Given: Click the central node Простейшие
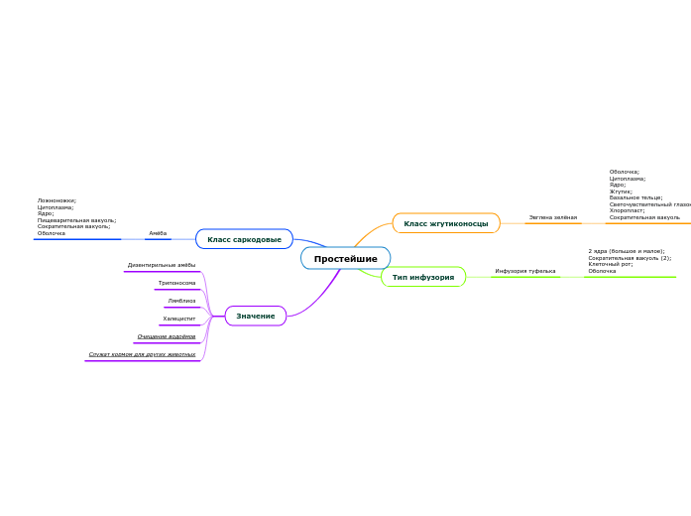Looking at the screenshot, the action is click(x=345, y=259).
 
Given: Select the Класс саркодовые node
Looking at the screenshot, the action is click(x=244, y=239).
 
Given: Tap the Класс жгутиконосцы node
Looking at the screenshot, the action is click(x=446, y=223).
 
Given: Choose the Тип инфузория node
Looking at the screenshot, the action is click(x=423, y=277).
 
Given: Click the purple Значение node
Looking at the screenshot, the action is click(x=256, y=316).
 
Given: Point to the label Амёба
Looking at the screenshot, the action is click(x=158, y=233).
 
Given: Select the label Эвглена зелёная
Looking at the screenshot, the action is click(x=552, y=217).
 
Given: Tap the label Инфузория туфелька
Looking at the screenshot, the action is click(x=525, y=271).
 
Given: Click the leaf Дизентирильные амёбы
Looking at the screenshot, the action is click(x=162, y=265).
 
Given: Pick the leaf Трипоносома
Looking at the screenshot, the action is click(x=176, y=283).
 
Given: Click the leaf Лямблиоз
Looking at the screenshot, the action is click(x=181, y=301).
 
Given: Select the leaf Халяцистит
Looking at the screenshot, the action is click(x=178, y=319).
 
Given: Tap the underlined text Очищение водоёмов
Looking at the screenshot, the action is click(x=167, y=336).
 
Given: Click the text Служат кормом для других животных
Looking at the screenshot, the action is click(x=142, y=354).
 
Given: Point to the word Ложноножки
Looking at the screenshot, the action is click(x=57, y=200).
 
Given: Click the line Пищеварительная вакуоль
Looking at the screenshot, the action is click(x=76, y=220).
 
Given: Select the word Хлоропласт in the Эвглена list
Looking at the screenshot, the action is click(x=628, y=210).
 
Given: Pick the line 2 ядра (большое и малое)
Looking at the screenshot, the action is click(x=627, y=251).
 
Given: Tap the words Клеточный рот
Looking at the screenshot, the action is click(x=611, y=264).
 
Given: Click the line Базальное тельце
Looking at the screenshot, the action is click(x=635, y=197).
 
